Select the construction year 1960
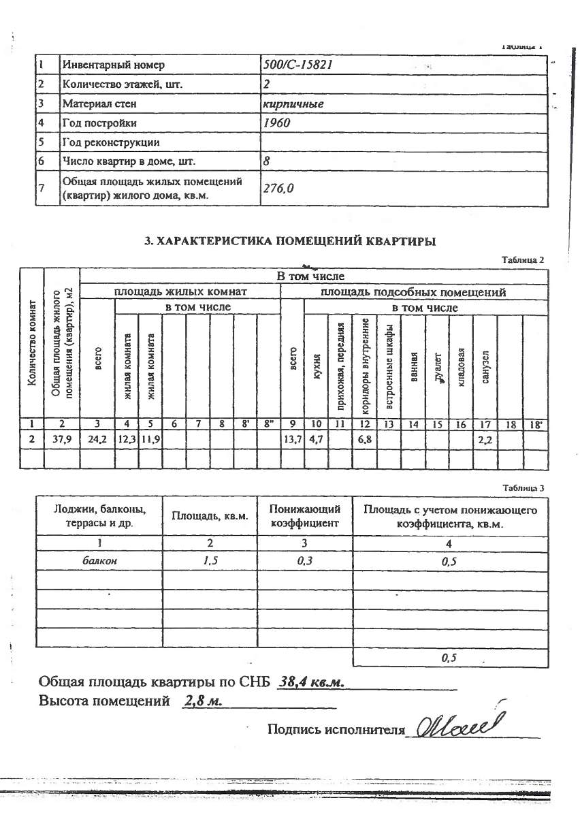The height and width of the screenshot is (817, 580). tap(276, 123)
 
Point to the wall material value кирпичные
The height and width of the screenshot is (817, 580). tap(293, 104)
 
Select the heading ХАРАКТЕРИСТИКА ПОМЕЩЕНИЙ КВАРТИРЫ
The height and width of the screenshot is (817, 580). tap(290, 241)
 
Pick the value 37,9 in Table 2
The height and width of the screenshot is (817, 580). tap(62, 440)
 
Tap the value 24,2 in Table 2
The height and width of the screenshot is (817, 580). tap(97, 440)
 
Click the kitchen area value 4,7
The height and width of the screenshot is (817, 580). tap(316, 440)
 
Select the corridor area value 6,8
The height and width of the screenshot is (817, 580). tap(364, 440)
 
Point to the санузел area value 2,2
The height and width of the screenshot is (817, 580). tap(485, 440)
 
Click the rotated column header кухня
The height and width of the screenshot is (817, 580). tap(317, 368)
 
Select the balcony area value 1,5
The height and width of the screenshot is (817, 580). tap(210, 562)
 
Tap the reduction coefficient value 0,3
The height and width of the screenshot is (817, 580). tap(305, 562)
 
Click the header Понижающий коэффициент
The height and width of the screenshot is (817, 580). tap(305, 517)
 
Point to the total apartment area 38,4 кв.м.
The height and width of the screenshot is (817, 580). tap(315, 682)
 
